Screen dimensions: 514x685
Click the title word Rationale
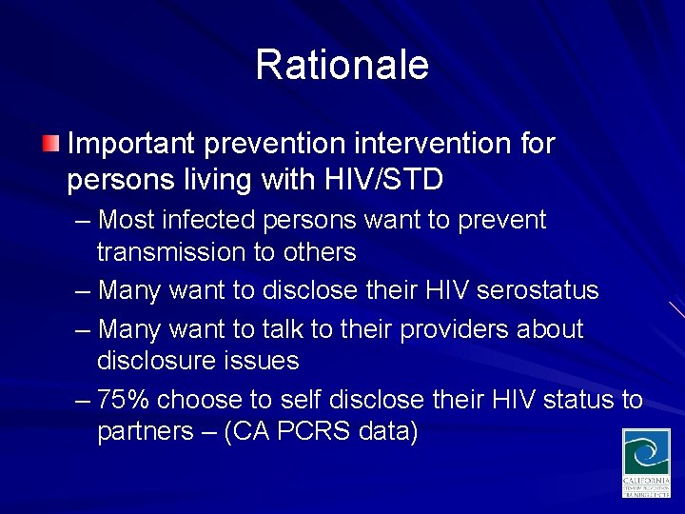(x=342, y=66)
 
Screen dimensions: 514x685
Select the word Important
(x=130, y=145)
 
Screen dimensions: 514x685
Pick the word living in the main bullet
(x=194, y=180)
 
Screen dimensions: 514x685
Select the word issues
(x=259, y=362)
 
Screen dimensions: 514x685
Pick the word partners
(x=143, y=432)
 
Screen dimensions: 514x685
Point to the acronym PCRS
(x=315, y=432)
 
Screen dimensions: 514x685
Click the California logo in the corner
(x=646, y=463)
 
